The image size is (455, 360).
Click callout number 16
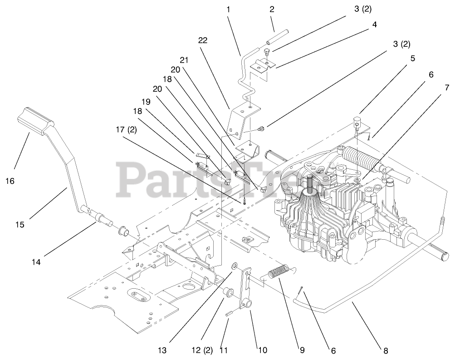click(x=10, y=181)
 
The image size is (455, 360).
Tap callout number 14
click(x=36, y=261)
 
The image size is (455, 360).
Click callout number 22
click(x=203, y=40)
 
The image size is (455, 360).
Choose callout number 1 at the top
click(x=228, y=9)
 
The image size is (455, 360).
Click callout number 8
click(x=386, y=350)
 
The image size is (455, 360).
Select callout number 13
click(x=162, y=350)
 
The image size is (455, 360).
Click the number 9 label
click(x=302, y=350)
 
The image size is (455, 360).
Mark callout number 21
click(x=184, y=60)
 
